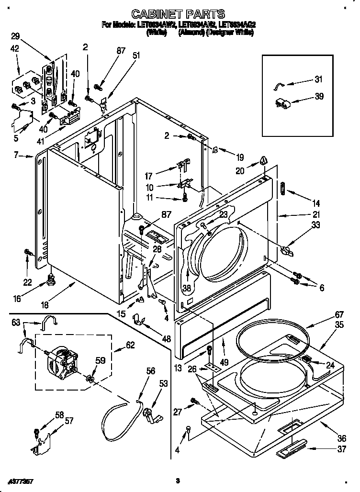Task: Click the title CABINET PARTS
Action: [178, 14]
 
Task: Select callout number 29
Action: [16, 36]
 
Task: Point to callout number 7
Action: [16, 155]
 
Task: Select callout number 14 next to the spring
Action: [316, 203]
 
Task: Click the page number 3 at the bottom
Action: [177, 480]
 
